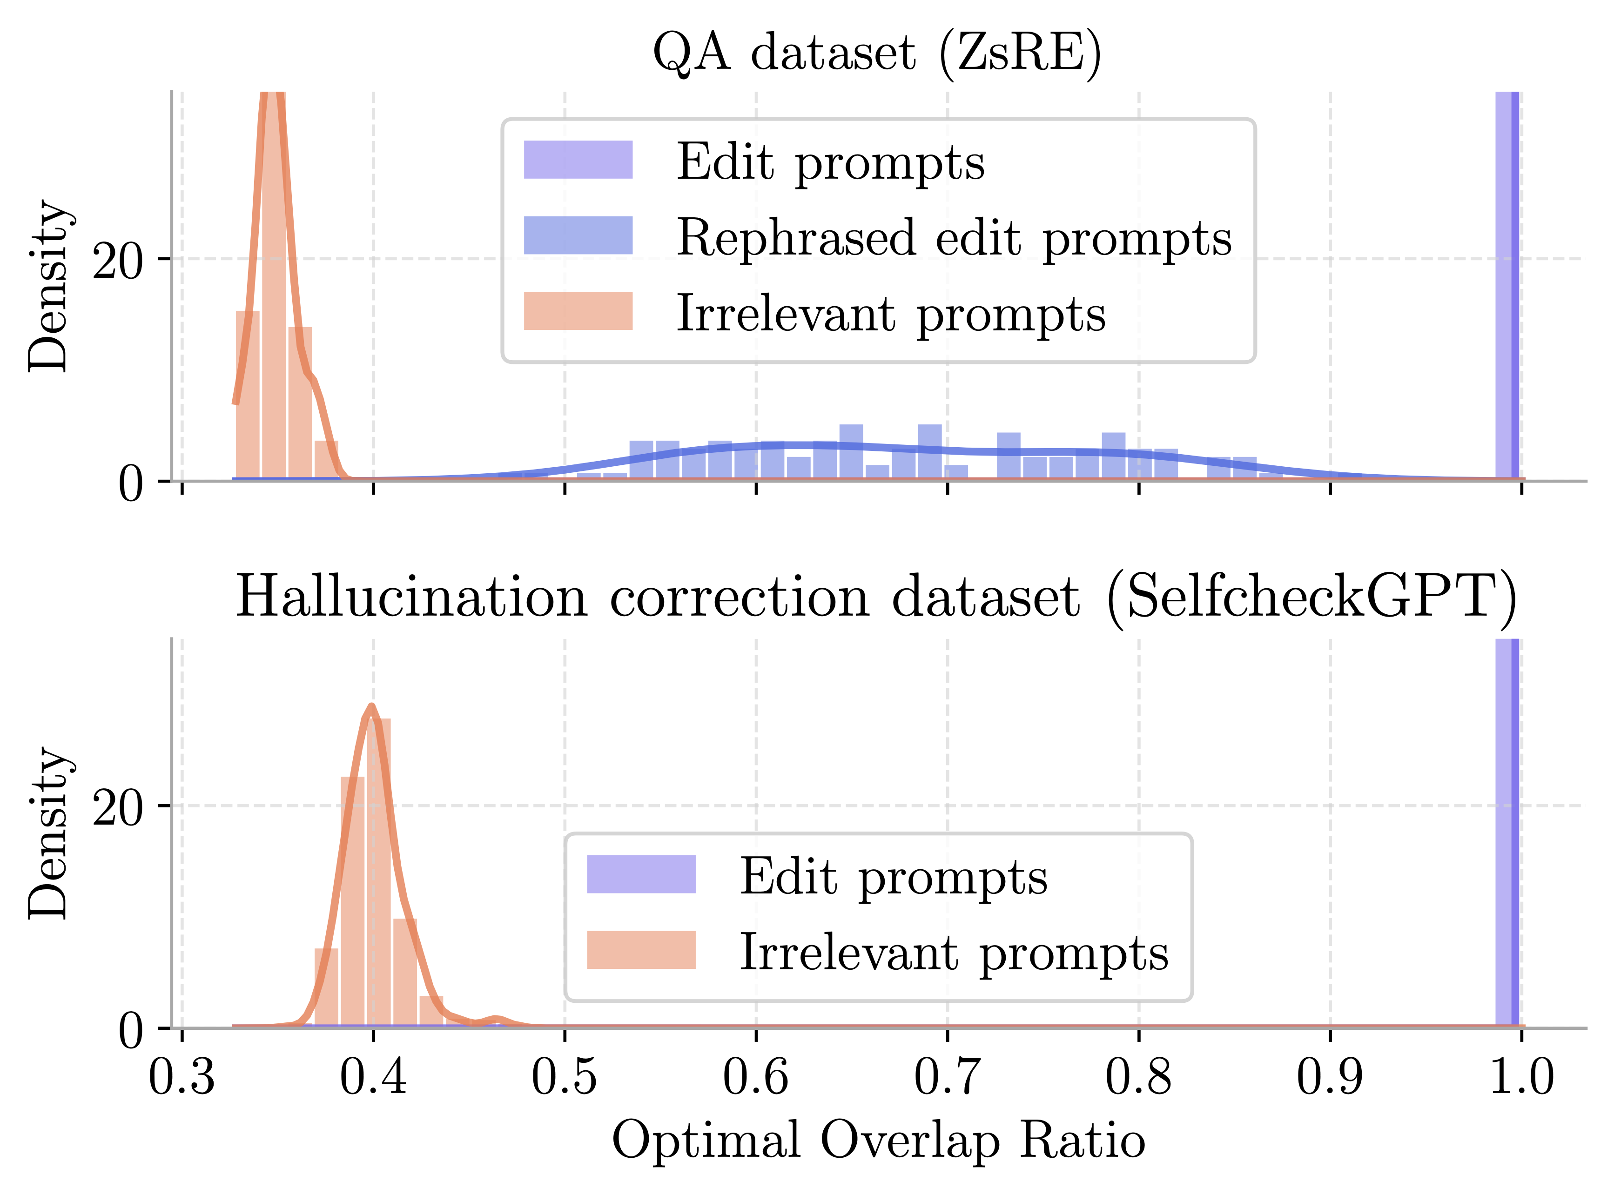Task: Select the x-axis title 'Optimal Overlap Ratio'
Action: point(878,1141)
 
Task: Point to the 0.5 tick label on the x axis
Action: point(564,1076)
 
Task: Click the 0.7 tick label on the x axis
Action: point(947,1076)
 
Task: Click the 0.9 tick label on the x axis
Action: point(1330,1076)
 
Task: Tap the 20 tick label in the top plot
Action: point(119,261)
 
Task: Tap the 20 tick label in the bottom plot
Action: point(119,807)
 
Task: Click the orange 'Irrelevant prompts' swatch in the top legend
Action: point(578,311)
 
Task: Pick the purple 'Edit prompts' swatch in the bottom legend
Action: point(641,874)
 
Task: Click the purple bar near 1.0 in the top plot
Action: point(1507,289)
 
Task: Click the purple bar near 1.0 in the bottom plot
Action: point(1507,832)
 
